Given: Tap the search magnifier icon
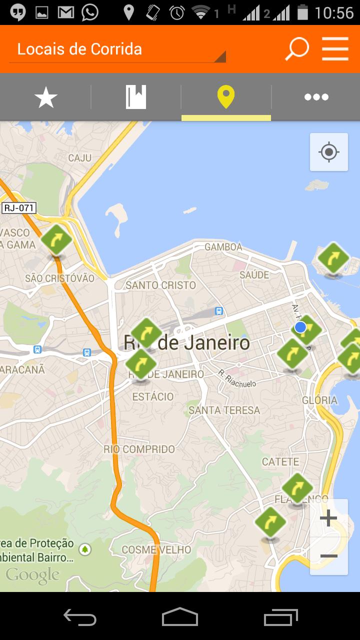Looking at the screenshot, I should (x=297, y=49).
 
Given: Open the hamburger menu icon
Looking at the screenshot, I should (x=335, y=49).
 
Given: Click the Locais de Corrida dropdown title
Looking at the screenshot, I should (x=80, y=49).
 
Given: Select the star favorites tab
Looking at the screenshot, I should (x=46, y=97).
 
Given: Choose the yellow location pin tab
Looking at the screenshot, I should (x=226, y=97).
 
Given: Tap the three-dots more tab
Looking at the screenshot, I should (x=316, y=97).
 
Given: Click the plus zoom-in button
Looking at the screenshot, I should (x=328, y=518).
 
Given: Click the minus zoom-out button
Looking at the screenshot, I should (x=328, y=556).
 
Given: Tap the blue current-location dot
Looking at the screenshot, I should (x=300, y=327).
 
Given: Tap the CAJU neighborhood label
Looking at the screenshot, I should (x=80, y=158).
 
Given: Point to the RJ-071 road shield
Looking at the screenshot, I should (x=19, y=208).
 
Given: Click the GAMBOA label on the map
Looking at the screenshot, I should (x=223, y=247).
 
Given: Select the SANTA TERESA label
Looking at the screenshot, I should (x=224, y=410).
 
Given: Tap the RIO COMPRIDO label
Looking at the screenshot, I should (x=139, y=449).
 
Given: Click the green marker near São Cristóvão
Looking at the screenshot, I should (x=56, y=240).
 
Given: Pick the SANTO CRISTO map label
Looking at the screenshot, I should (x=160, y=285).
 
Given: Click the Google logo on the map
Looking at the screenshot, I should (x=32, y=575).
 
